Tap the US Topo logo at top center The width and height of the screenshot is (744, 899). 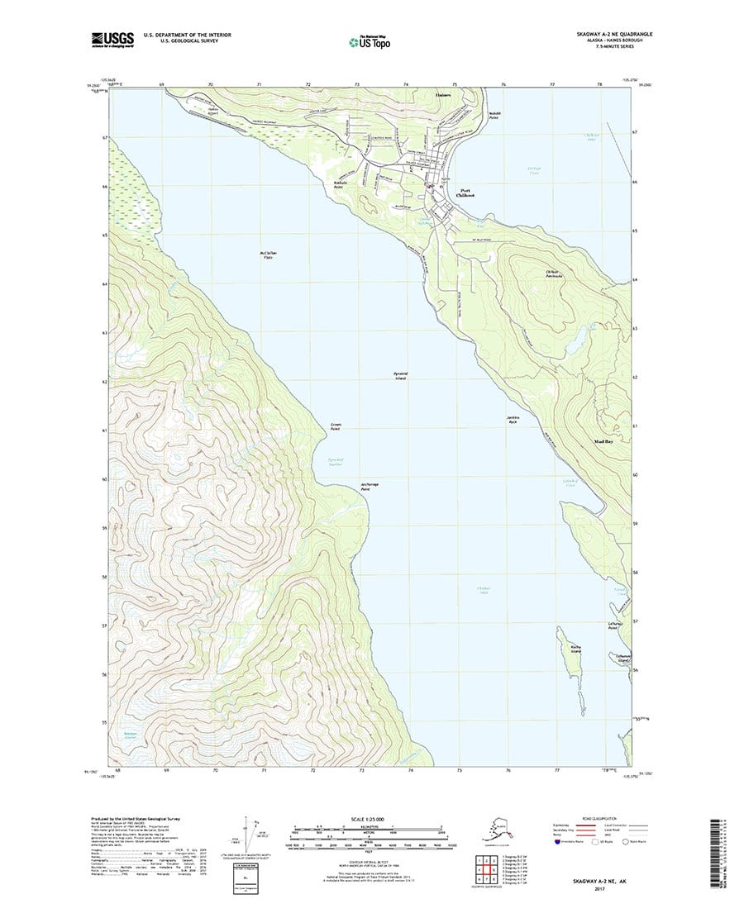(x=369, y=40)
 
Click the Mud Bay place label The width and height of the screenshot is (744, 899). (x=603, y=442)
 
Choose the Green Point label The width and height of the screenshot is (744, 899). (x=336, y=427)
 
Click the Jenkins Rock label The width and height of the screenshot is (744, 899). (x=512, y=420)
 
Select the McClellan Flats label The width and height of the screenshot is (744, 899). (x=265, y=254)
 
